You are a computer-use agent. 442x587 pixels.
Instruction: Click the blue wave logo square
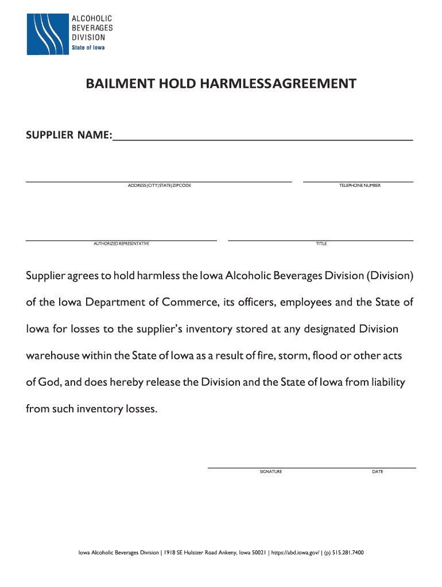point(47,34)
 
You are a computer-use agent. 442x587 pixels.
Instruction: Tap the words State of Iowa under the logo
point(88,48)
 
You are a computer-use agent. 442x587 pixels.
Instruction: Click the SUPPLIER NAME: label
point(69,135)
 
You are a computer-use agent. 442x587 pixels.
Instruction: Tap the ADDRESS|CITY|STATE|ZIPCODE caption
point(160,186)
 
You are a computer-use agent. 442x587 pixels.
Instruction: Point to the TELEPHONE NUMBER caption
point(360,186)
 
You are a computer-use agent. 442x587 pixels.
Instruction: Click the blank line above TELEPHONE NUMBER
point(358,181)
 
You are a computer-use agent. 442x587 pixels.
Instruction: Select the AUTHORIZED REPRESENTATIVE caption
point(121,244)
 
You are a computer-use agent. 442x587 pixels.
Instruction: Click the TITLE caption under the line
point(321,244)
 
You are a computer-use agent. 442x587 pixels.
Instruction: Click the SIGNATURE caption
point(271,472)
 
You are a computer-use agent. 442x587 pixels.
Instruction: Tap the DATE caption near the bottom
point(378,472)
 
